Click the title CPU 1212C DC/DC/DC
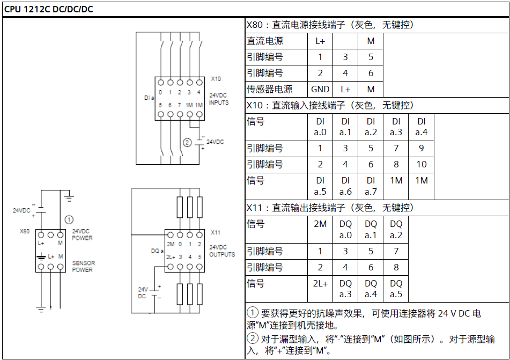pyautogui.click(x=48, y=9)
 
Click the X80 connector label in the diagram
pyautogui.click(x=24, y=231)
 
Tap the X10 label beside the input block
pyautogui.click(x=216, y=79)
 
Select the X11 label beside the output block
pyautogui.click(x=216, y=232)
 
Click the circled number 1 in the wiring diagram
pyautogui.click(x=69, y=220)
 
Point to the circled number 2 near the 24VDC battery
pyautogui.click(x=187, y=143)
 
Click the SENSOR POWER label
pyautogui.click(x=83, y=266)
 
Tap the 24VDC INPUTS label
pyautogui.click(x=219, y=99)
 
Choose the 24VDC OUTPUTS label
pyautogui.click(x=222, y=251)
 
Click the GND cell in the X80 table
pyautogui.click(x=320, y=89)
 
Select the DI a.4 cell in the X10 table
pyautogui.click(x=421, y=127)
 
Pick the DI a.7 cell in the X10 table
pyautogui.click(x=371, y=186)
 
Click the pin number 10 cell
pyautogui.click(x=421, y=164)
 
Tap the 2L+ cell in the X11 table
pyautogui.click(x=320, y=289)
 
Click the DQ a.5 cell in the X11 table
pyautogui.click(x=396, y=289)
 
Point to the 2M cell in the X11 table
pyautogui.click(x=320, y=230)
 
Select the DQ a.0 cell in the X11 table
pyautogui.click(x=345, y=230)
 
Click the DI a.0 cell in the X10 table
pyautogui.click(x=320, y=127)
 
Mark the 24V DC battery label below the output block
pyautogui.click(x=143, y=292)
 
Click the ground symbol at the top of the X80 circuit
pyautogui.click(x=69, y=197)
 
